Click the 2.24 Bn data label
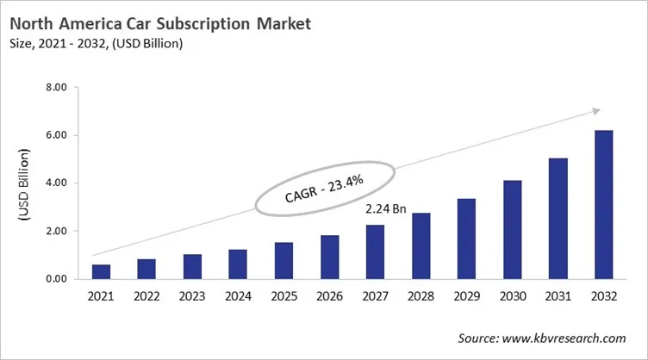pyautogui.click(x=386, y=209)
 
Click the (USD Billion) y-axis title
pyautogui.click(x=25, y=183)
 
